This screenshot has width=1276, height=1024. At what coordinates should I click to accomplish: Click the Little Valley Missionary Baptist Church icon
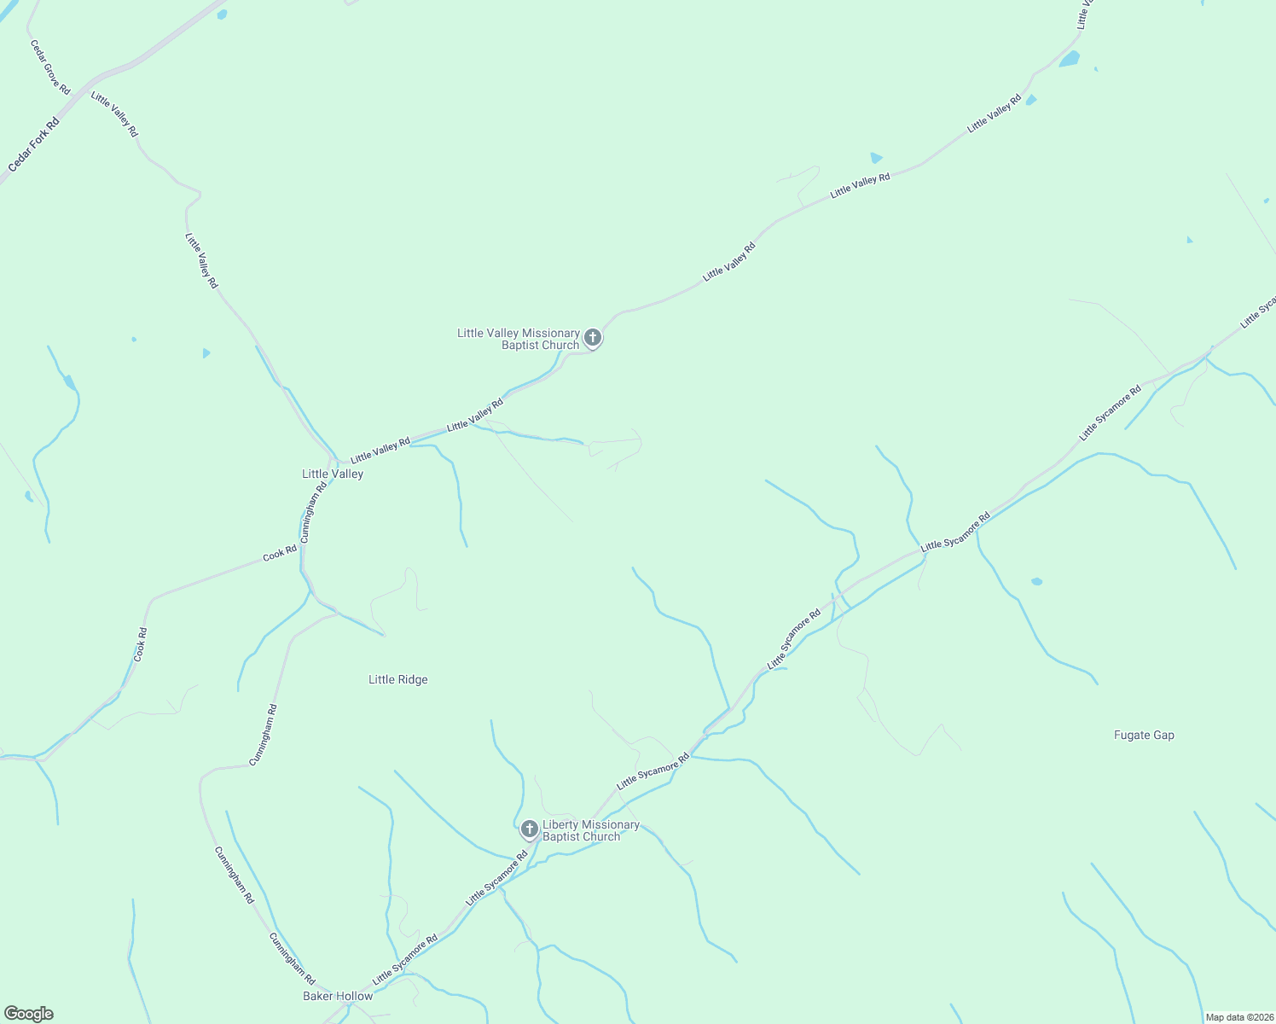pos(593,338)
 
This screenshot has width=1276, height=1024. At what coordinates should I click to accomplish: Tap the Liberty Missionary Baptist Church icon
pos(530,829)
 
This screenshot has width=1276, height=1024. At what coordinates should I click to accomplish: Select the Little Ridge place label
pos(398,680)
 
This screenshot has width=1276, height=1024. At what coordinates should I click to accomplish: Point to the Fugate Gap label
pos(1144,736)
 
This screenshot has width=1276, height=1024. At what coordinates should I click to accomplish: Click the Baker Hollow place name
pos(338,997)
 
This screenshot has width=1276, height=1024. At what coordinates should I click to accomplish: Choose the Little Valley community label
pos(333,474)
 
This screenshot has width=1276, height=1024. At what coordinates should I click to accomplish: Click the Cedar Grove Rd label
pos(50,67)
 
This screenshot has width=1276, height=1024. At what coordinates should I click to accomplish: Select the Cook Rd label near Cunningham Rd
pos(280,553)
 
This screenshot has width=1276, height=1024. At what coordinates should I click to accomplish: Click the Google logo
pos(27,1014)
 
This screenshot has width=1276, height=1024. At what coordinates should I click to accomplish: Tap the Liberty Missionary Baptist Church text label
pos(590,831)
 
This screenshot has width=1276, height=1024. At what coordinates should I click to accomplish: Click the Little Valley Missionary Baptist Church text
pos(519,340)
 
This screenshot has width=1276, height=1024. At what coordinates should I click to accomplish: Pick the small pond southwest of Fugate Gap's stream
pos(1036,582)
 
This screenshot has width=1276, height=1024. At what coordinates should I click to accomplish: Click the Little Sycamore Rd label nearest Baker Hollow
pos(405,960)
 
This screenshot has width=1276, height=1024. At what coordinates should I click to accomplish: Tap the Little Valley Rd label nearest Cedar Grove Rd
pos(114,114)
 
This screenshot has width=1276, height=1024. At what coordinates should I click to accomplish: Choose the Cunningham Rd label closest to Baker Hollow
pos(293,958)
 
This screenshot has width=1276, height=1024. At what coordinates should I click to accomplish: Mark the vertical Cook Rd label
pos(141,645)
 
